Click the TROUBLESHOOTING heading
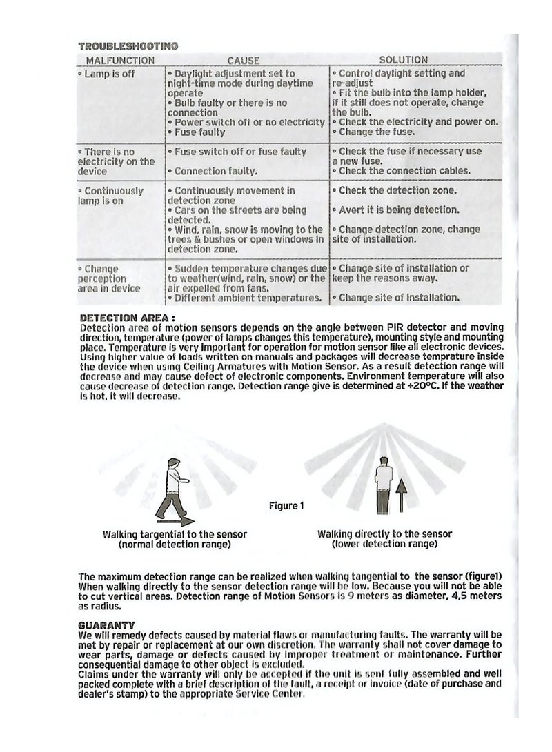pos(128,46)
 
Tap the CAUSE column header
pos(244,61)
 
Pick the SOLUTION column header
pos(404,60)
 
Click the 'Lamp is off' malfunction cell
pos(107,73)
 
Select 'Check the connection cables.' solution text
pos(402,171)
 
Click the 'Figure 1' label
pos(286,507)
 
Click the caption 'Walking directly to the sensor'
pos(385,534)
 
